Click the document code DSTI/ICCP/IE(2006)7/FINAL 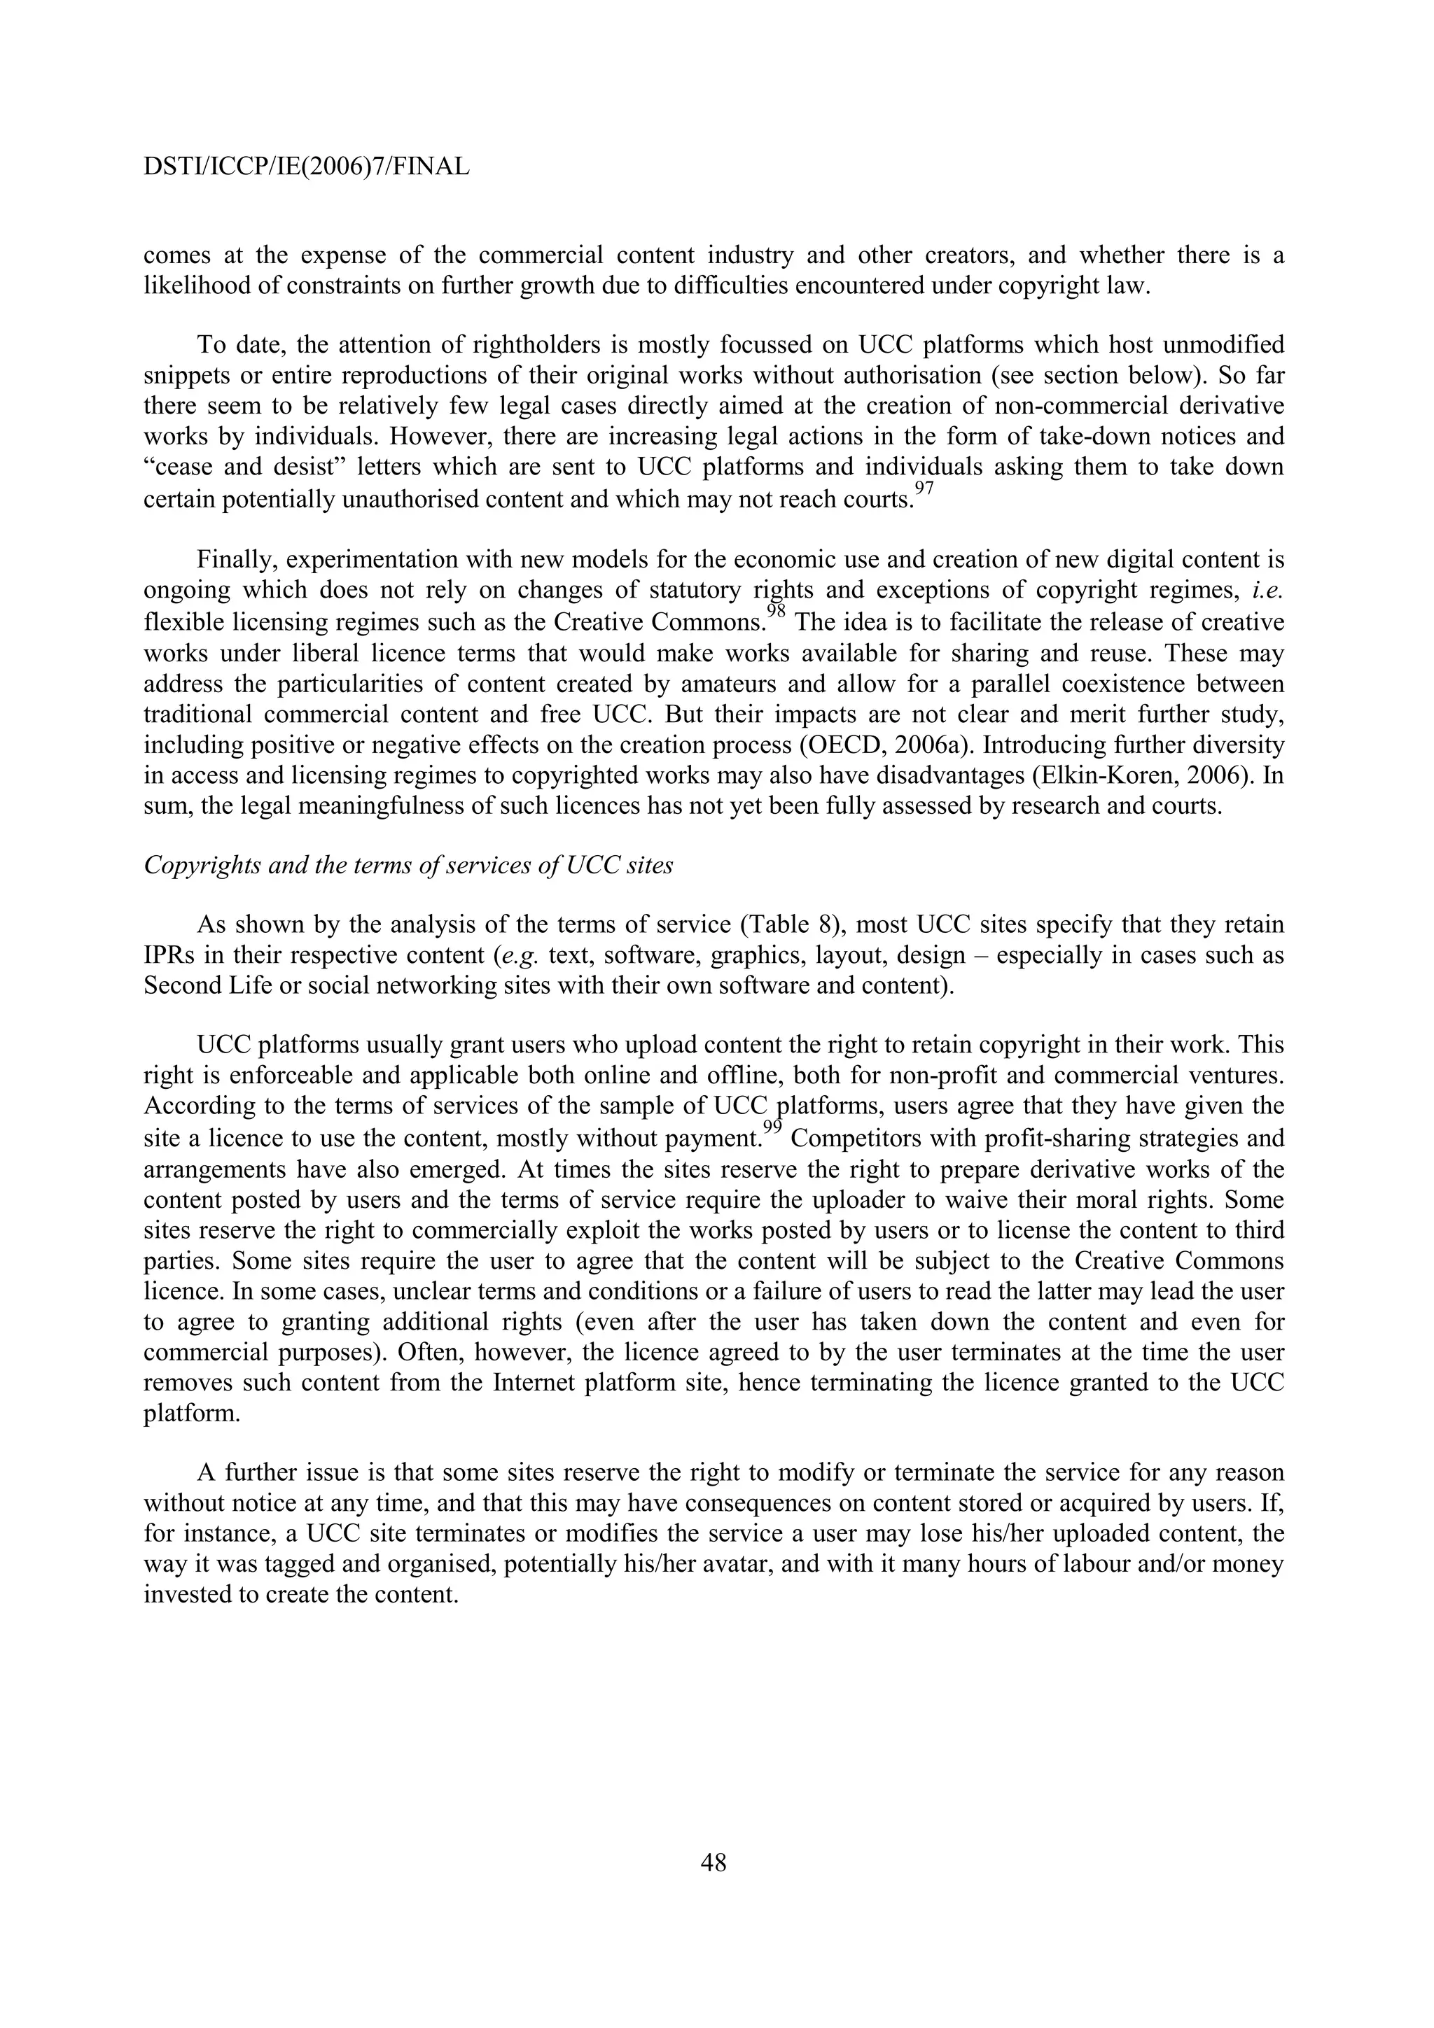pos(306,166)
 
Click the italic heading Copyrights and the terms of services pos(408,866)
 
